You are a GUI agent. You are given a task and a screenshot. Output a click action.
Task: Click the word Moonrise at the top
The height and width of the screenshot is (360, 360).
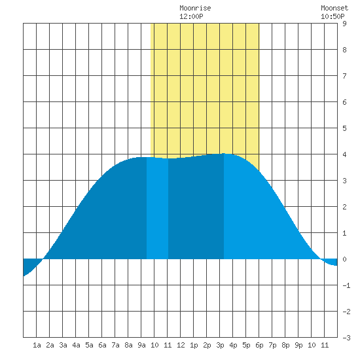pos(195,8)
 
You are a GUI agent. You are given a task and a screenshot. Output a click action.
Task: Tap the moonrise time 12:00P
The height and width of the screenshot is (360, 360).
pos(191,16)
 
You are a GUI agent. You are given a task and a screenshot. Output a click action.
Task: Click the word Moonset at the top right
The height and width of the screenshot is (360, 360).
pos(334,8)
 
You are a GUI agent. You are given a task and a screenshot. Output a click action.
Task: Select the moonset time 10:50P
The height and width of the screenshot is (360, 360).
pos(333,16)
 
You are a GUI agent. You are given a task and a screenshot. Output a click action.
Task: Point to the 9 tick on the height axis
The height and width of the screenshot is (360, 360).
pos(344,24)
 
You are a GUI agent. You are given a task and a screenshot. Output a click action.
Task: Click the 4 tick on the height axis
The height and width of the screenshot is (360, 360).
pos(344,154)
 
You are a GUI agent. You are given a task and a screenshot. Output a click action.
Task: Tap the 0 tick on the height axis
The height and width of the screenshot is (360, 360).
pos(344,259)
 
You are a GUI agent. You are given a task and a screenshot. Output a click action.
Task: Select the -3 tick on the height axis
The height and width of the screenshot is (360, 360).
pos(346,338)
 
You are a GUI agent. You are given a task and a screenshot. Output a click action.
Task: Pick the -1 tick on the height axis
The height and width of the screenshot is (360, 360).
pos(346,285)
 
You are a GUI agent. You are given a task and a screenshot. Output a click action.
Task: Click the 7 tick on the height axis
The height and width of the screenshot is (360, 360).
pos(344,76)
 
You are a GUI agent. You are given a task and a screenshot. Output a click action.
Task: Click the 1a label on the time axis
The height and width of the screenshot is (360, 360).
pos(37,345)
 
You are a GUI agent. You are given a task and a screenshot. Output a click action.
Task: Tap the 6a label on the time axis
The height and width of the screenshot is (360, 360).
pos(102,345)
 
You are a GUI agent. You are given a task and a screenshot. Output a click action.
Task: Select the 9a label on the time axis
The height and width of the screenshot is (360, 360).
pos(141,345)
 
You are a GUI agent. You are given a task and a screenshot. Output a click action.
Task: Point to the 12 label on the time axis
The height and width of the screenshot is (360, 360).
pos(181,345)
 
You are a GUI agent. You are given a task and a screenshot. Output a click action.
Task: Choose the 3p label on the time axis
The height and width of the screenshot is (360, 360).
pos(220,345)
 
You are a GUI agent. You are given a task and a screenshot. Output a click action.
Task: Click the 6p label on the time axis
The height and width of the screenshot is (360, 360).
pos(259,345)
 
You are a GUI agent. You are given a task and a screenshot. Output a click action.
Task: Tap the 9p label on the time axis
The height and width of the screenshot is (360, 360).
pos(298,345)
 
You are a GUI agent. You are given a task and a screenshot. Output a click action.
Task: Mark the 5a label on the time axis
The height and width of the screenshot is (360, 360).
pos(89,345)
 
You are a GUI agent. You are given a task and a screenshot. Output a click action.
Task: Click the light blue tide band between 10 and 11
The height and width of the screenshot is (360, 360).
pos(158,208)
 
